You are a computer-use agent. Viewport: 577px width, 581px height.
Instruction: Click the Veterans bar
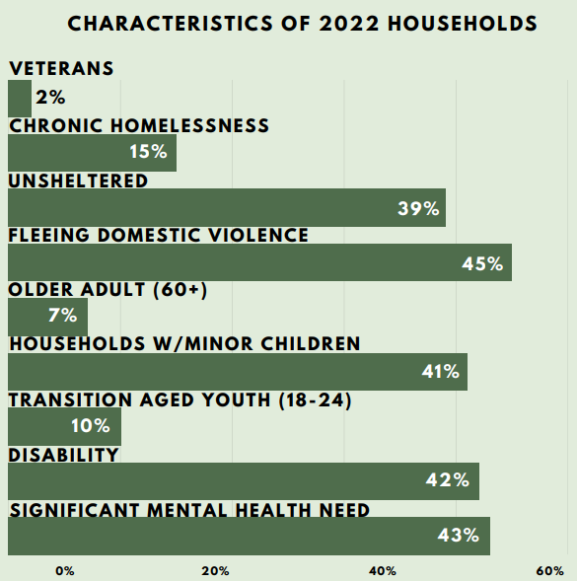(x=20, y=99)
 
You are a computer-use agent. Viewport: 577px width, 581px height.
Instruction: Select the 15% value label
(x=148, y=152)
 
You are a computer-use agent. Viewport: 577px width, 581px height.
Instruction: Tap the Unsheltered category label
(x=78, y=181)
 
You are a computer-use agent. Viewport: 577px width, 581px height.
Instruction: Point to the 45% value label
(x=482, y=263)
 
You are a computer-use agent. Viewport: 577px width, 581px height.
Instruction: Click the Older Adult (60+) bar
(x=47, y=317)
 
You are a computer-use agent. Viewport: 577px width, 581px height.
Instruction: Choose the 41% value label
(x=441, y=371)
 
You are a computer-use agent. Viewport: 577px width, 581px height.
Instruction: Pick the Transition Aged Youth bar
(x=64, y=426)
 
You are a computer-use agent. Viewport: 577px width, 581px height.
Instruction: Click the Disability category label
(x=63, y=455)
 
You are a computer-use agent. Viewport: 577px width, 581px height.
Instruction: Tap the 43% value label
(x=459, y=535)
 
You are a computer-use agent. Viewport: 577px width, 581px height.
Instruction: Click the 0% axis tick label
(x=65, y=571)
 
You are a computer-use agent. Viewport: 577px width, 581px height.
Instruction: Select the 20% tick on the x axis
(x=215, y=571)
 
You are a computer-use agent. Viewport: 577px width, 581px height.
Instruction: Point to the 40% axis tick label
(x=383, y=571)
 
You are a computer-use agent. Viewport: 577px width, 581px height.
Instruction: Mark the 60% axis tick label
(x=550, y=571)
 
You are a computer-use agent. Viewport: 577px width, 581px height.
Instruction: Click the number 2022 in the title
(x=349, y=24)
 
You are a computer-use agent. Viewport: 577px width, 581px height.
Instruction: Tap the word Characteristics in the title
(x=170, y=24)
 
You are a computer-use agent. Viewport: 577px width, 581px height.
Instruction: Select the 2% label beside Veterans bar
(x=50, y=98)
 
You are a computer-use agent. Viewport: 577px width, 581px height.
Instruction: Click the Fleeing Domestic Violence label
(x=158, y=236)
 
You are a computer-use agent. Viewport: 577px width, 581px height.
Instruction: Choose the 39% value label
(x=418, y=208)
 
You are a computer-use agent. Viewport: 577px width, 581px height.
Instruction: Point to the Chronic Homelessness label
(x=139, y=125)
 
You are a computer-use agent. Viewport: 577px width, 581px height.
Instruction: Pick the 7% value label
(x=62, y=316)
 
